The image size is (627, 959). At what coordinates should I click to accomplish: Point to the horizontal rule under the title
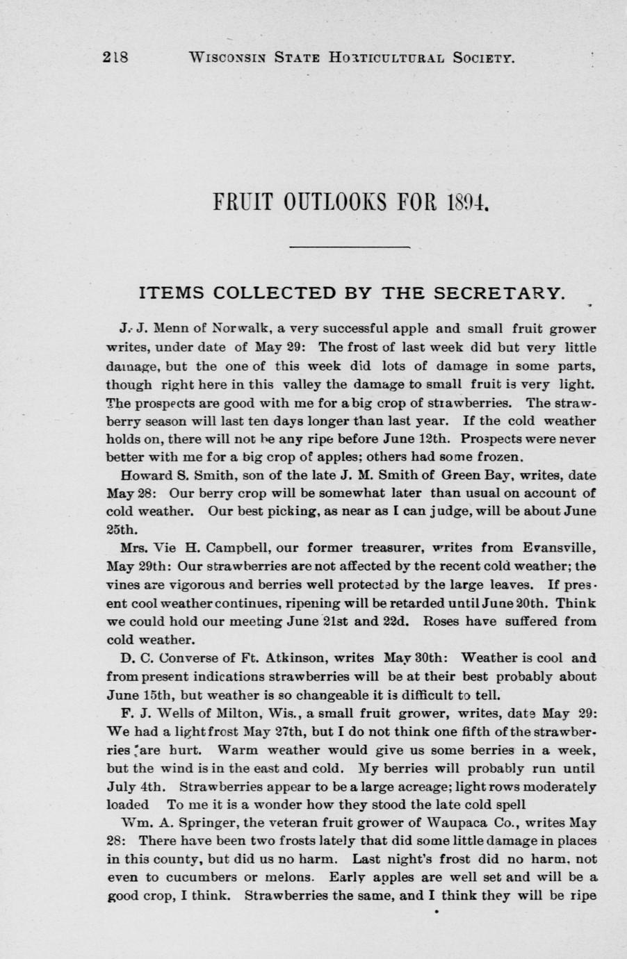click(x=348, y=247)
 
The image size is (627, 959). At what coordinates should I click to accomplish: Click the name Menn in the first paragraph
click(x=168, y=329)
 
